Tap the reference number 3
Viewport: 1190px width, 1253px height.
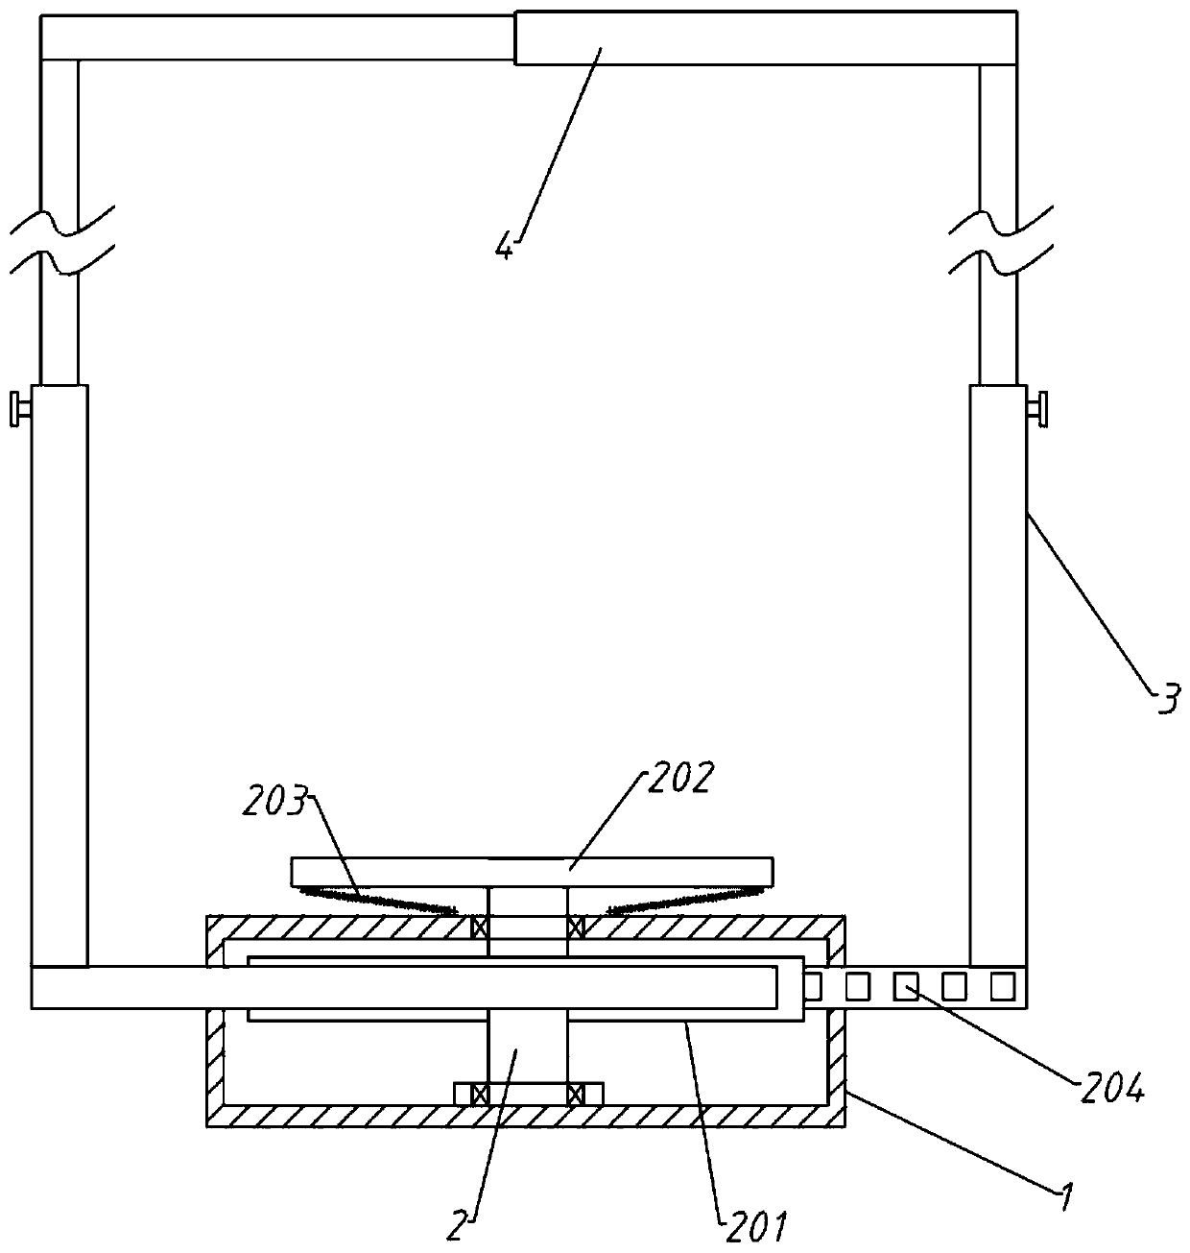pos(1166,698)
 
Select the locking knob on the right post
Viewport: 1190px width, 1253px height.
pos(1037,409)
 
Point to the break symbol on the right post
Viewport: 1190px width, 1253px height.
pos(999,240)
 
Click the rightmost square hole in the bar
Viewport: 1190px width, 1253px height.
pos(1002,985)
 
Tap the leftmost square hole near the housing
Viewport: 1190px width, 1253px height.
pos(812,985)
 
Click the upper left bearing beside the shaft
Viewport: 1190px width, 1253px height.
pos(479,928)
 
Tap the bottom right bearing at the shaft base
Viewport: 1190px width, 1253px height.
pos(576,1094)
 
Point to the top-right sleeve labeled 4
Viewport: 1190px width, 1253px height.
pos(765,37)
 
